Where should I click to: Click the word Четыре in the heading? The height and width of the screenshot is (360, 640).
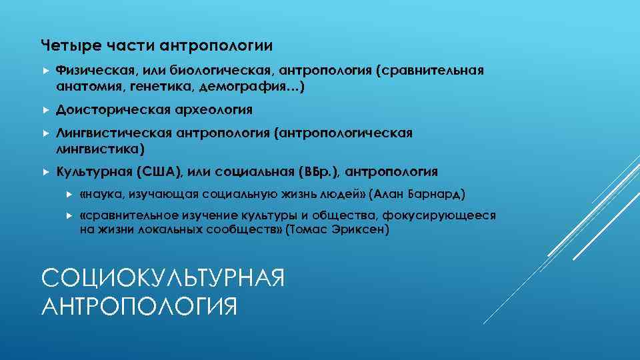click(x=63, y=45)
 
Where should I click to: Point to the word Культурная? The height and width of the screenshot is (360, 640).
click(x=93, y=172)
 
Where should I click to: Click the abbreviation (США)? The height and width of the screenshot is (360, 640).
click(x=157, y=172)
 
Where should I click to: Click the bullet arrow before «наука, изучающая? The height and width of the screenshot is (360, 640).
click(x=69, y=195)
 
